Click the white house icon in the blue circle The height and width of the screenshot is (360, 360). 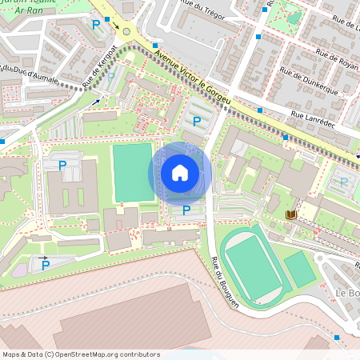click(180, 173)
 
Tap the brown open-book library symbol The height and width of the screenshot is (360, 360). click(291, 214)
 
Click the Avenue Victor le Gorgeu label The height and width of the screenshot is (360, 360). click(194, 82)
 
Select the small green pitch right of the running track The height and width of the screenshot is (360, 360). click(300, 269)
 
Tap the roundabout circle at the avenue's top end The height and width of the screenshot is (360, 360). click(126, 32)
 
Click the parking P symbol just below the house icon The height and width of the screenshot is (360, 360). click(186, 210)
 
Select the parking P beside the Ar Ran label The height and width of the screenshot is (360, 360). click(97, 25)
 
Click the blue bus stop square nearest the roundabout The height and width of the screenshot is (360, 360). click(106, 18)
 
